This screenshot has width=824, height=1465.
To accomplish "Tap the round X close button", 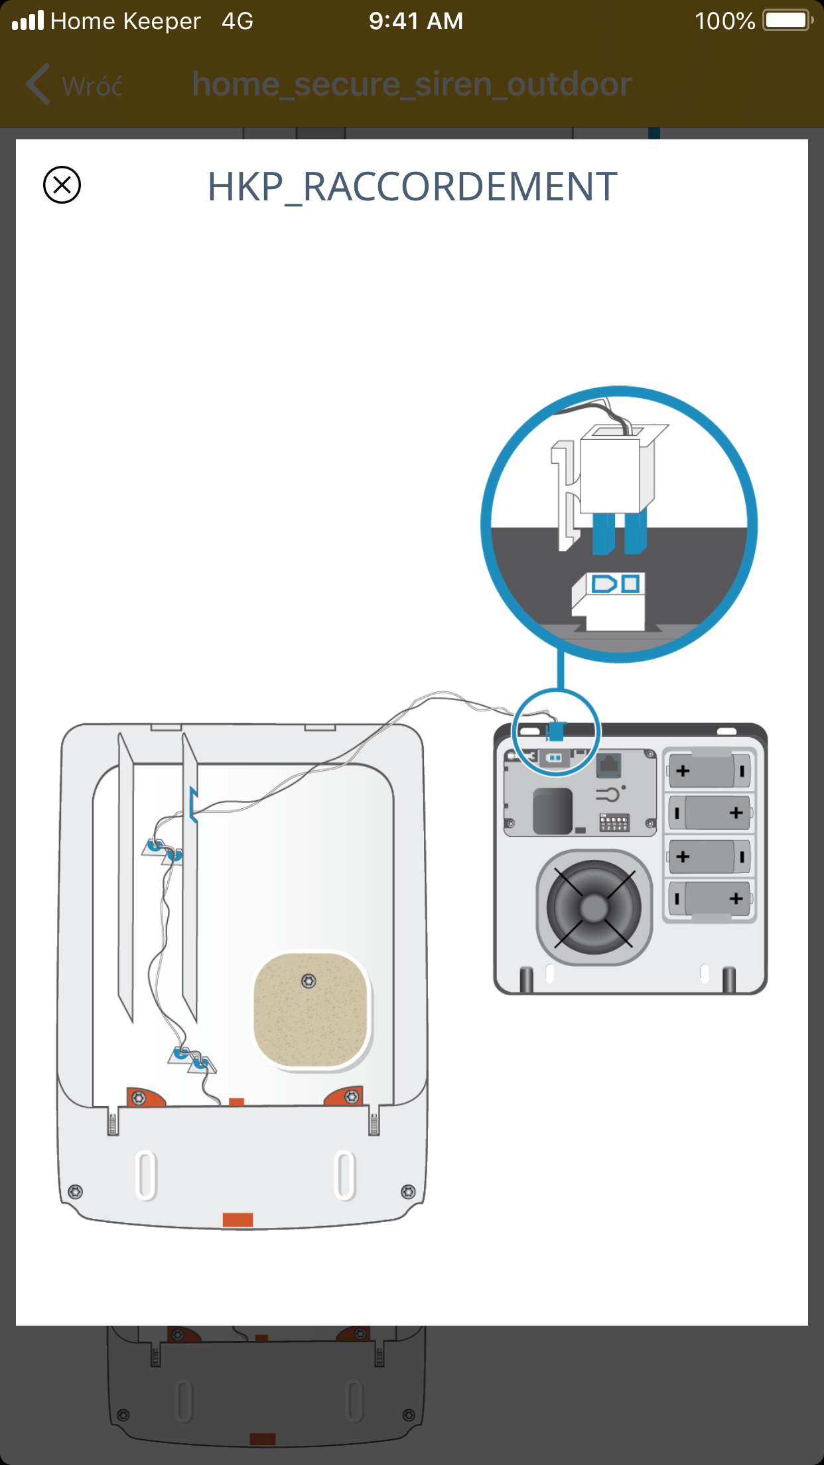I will [62, 185].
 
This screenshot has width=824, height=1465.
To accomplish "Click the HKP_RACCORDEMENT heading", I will [412, 187].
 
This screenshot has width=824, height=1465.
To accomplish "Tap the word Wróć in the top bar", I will [92, 86].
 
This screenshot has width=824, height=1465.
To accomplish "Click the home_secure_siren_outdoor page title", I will [411, 85].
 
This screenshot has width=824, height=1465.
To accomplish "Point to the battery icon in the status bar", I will [787, 21].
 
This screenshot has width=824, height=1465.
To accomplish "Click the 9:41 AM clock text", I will [416, 21].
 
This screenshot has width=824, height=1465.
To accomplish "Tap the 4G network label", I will [237, 21].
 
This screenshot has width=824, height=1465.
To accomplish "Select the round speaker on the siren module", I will [594, 907].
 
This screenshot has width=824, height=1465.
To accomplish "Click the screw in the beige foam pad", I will [309, 981].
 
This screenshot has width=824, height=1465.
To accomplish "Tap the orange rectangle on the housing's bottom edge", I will [238, 1220].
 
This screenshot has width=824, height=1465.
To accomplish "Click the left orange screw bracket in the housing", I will [144, 1097].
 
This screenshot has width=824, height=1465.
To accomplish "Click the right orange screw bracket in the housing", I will [346, 1096].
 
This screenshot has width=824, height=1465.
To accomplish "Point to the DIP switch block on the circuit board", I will [614, 823].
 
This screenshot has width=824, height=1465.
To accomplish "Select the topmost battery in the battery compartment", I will [709, 770].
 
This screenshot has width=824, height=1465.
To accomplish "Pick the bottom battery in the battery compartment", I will [709, 899].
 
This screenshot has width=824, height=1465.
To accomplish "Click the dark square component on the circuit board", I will [552, 810].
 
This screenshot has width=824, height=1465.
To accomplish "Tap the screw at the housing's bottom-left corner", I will [76, 1192].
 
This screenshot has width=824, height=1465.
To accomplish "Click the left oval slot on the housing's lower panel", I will [146, 1175].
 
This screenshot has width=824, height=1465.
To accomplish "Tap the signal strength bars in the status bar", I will [28, 21].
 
